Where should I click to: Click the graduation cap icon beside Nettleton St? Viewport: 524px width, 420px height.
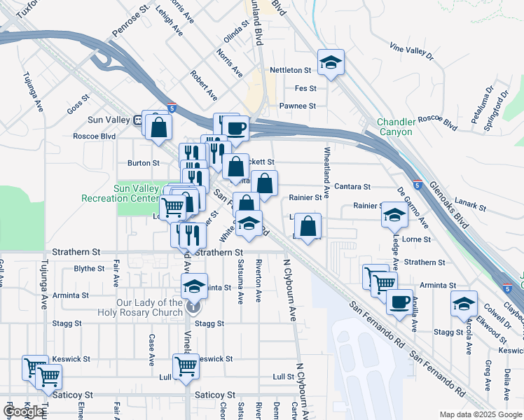click(331, 62)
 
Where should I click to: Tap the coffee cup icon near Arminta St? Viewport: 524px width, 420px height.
click(399, 302)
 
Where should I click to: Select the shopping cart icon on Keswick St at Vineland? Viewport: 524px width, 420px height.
click(186, 365)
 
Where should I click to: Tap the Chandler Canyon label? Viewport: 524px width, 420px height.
click(396, 126)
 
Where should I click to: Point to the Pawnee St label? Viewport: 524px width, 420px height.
click(298, 106)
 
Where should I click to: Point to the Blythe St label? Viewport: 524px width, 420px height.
click(89, 268)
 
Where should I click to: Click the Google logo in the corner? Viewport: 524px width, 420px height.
click(24, 412)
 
